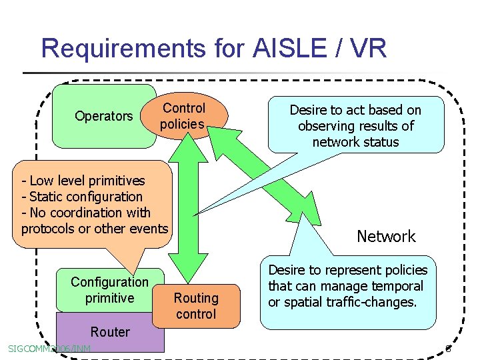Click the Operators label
click(103, 116)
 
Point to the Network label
click(386, 236)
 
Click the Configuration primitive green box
click(109, 290)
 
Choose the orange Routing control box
click(196, 306)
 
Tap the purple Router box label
click(110, 332)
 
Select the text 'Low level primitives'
click(87, 181)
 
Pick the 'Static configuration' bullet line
click(85, 197)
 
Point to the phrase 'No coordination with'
click(90, 213)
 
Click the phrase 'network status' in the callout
click(355, 142)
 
